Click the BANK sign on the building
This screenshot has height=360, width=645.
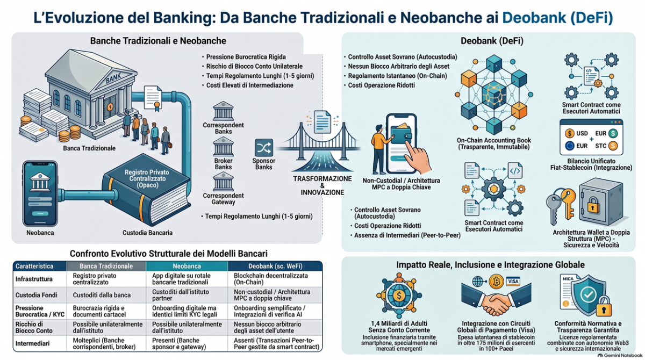113,77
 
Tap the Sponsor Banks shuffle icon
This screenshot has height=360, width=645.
264,148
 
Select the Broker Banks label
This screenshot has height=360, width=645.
223,164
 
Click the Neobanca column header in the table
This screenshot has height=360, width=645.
187,266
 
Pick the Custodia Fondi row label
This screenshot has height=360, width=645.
37,295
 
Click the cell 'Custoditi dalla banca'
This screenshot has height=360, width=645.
102,295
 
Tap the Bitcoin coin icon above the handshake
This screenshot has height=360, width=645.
496,281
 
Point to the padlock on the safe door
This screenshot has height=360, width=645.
593,205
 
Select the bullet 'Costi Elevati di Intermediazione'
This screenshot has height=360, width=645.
249,85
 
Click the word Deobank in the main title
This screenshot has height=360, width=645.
534,17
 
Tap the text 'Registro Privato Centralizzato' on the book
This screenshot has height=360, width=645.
147,175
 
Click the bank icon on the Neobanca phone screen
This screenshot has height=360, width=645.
40,182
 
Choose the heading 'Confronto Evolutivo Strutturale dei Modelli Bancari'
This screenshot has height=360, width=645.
169,254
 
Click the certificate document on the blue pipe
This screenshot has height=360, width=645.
153,98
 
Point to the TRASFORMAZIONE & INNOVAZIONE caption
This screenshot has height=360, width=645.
322,185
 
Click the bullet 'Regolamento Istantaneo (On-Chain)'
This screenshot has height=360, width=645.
397,76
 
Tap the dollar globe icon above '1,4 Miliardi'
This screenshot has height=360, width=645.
399,295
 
